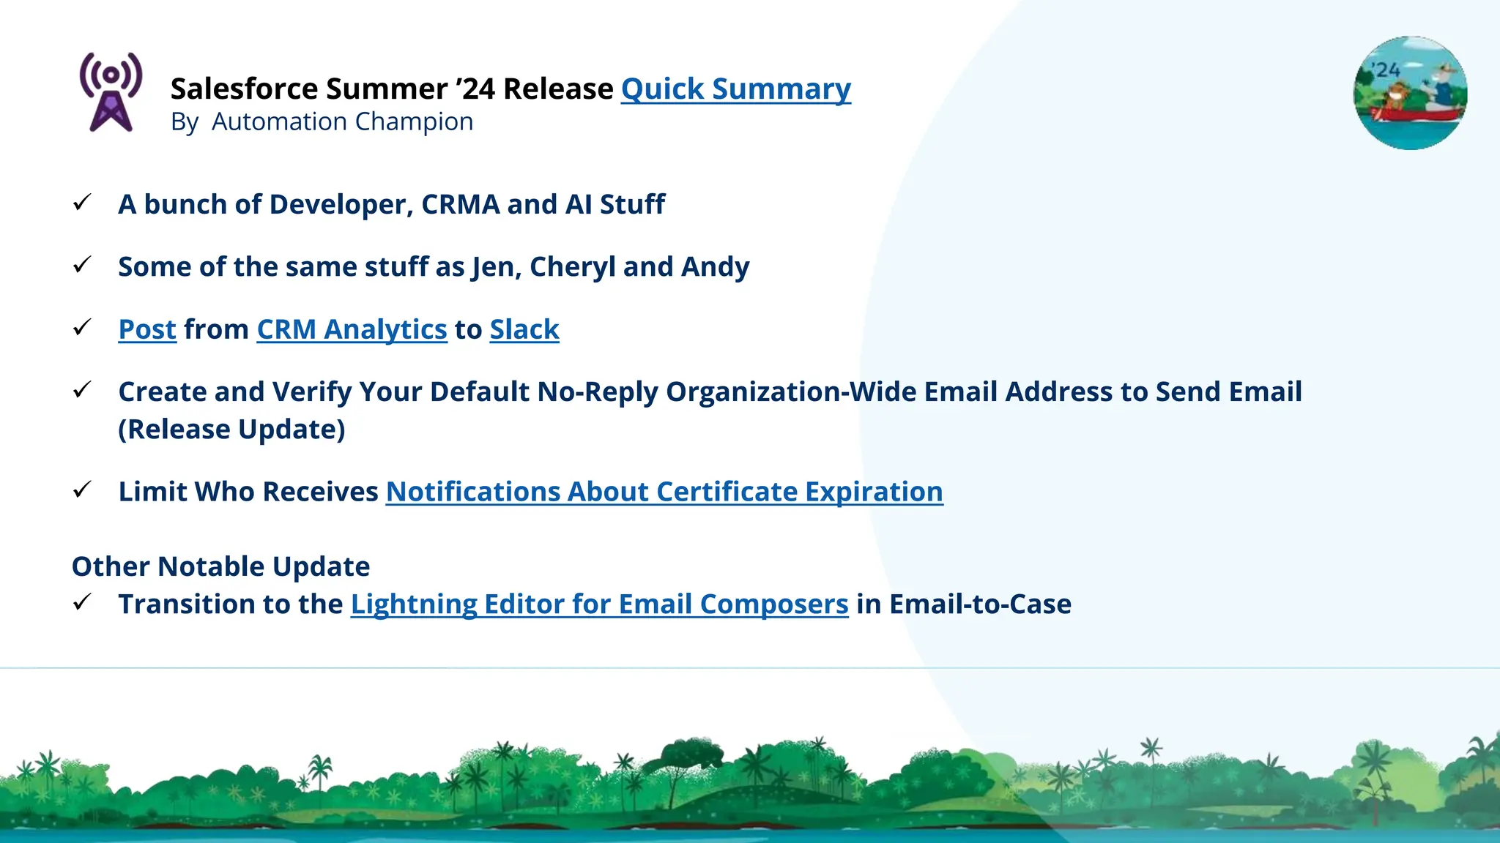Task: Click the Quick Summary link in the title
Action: pyautogui.click(x=735, y=89)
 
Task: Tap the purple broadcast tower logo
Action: pyautogui.click(x=111, y=92)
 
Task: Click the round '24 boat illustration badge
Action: pyautogui.click(x=1410, y=93)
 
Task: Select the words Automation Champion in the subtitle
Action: pyautogui.click(x=342, y=121)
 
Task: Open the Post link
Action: pyautogui.click(x=147, y=330)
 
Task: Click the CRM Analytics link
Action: pyautogui.click(x=352, y=330)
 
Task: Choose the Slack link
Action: pyautogui.click(x=524, y=330)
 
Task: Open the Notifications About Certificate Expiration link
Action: pyautogui.click(x=664, y=492)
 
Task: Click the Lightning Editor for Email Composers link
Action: pyautogui.click(x=599, y=604)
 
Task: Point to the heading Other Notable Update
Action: pyautogui.click(x=220, y=566)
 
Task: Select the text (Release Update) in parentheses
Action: pyautogui.click(x=231, y=430)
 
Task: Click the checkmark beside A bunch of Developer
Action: pyautogui.click(x=82, y=203)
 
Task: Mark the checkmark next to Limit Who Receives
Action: pyautogui.click(x=82, y=490)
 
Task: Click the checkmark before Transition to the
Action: pyautogui.click(x=82, y=602)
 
